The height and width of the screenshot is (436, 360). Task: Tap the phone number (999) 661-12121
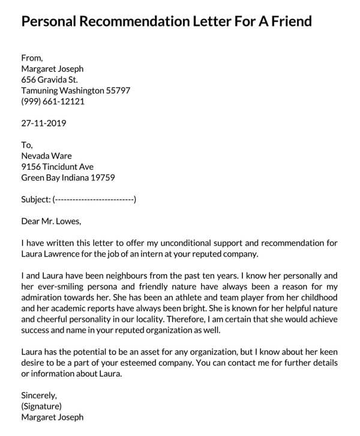point(53,101)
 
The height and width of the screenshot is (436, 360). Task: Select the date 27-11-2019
point(44,124)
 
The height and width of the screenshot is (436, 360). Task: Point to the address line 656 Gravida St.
point(49,80)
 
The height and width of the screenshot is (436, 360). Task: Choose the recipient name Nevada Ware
point(47,156)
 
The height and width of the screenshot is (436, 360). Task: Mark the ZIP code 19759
point(102,178)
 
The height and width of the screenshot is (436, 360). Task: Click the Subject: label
point(35,199)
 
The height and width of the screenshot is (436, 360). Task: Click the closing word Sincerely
point(38,395)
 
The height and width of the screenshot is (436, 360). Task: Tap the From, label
point(32,58)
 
